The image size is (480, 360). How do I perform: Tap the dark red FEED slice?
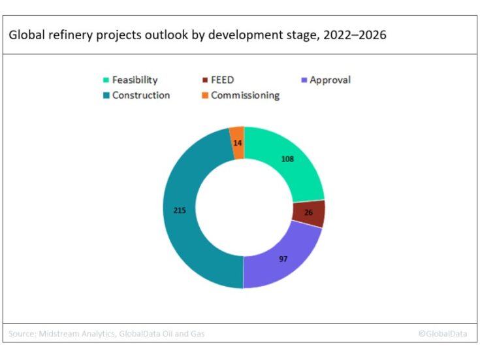point(308,214)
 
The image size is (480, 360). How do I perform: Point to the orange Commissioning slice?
point(237,142)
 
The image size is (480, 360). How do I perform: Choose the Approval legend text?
point(330,80)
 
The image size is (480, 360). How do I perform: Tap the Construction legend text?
point(141,95)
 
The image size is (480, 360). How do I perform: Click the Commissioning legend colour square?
point(203,95)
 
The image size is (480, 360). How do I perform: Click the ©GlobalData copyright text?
point(442,334)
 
